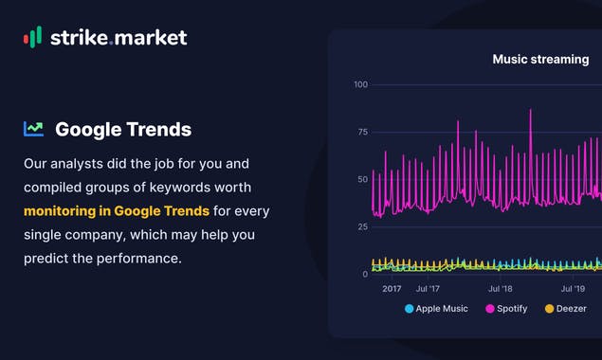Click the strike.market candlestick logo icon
click(32, 37)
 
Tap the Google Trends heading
click(123, 130)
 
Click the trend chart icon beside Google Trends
click(34, 129)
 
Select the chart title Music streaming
click(540, 60)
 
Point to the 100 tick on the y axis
click(360, 85)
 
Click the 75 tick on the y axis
click(361, 133)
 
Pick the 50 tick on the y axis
click(361, 180)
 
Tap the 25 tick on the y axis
click(361, 227)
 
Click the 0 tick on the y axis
click(365, 275)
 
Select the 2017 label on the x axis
click(392, 289)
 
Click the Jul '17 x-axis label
click(428, 289)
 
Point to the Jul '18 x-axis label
click(501, 289)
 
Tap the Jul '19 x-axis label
click(573, 289)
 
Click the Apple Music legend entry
click(436, 309)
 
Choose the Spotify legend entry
click(509, 309)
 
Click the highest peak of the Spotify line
click(530, 111)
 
